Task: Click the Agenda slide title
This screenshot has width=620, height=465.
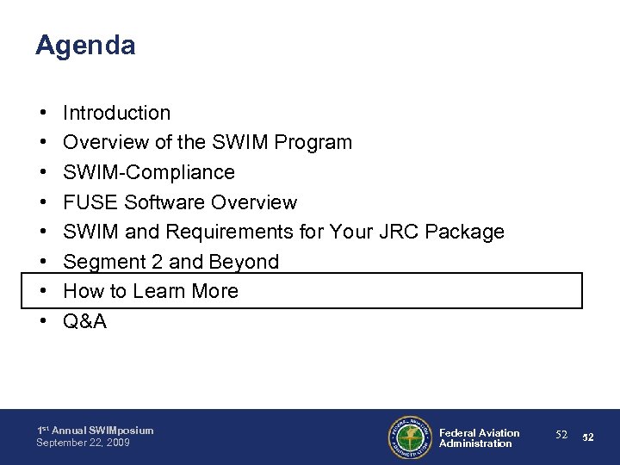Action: point(85,46)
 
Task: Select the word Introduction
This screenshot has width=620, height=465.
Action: point(117,113)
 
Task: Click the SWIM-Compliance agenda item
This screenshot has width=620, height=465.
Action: point(149,172)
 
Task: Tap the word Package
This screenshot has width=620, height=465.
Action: point(468,232)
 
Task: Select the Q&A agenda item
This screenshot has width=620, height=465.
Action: point(86,321)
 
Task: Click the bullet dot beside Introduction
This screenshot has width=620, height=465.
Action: point(42,113)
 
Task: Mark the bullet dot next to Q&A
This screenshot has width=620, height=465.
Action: point(42,321)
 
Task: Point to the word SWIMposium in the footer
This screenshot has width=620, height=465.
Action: point(119,431)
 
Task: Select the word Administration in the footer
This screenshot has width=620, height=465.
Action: point(475,443)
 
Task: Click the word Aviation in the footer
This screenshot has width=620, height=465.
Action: point(499,432)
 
